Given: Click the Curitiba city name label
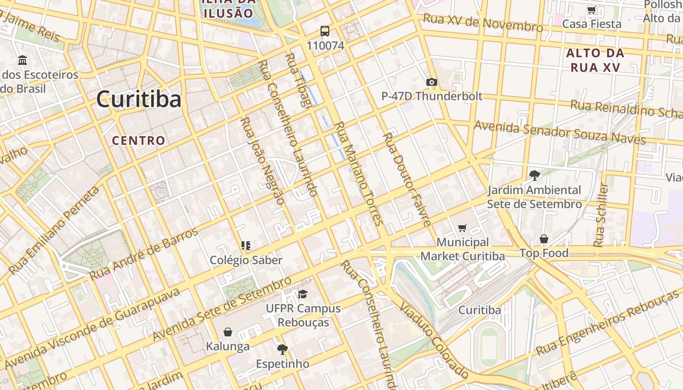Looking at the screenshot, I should pyautogui.click(x=139, y=99).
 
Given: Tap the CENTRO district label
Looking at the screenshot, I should pyautogui.click(x=139, y=141).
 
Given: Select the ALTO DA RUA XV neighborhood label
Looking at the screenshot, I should pyautogui.click(x=595, y=60).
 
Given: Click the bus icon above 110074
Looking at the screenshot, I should pyautogui.click(x=325, y=32).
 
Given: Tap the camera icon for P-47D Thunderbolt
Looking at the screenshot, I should pyautogui.click(x=431, y=82).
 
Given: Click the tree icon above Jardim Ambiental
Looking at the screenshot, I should pyautogui.click(x=534, y=175).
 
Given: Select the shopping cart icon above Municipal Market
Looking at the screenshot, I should pyautogui.click(x=462, y=228).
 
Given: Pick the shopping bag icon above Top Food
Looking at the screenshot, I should pyautogui.click(x=543, y=239).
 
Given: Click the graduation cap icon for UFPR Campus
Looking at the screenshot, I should pyautogui.click(x=302, y=294).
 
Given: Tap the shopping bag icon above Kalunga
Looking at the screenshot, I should pyautogui.click(x=227, y=332).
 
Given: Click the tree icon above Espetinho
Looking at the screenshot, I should pyautogui.click(x=282, y=349).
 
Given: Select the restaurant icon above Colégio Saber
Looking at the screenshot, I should pyautogui.click(x=246, y=246).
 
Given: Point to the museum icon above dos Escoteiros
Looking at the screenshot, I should pyautogui.click(x=22, y=60).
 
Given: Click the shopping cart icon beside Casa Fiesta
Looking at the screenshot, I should pyautogui.click(x=591, y=10).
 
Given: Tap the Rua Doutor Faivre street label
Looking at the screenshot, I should pyautogui.click(x=407, y=179).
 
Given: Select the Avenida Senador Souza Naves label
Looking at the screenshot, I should pyautogui.click(x=560, y=133).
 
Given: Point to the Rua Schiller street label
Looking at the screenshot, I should pyautogui.click(x=601, y=214).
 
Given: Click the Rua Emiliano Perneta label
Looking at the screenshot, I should pyautogui.click(x=54, y=230).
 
